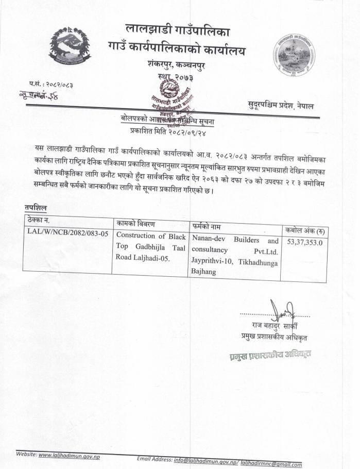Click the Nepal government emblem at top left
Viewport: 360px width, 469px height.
(x=70, y=45)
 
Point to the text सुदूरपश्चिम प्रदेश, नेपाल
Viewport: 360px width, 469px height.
(x=280, y=106)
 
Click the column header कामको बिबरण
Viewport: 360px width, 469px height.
(x=135, y=223)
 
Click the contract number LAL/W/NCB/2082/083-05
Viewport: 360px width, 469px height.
(x=68, y=232)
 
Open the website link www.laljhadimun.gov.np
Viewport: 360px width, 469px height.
(x=70, y=456)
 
